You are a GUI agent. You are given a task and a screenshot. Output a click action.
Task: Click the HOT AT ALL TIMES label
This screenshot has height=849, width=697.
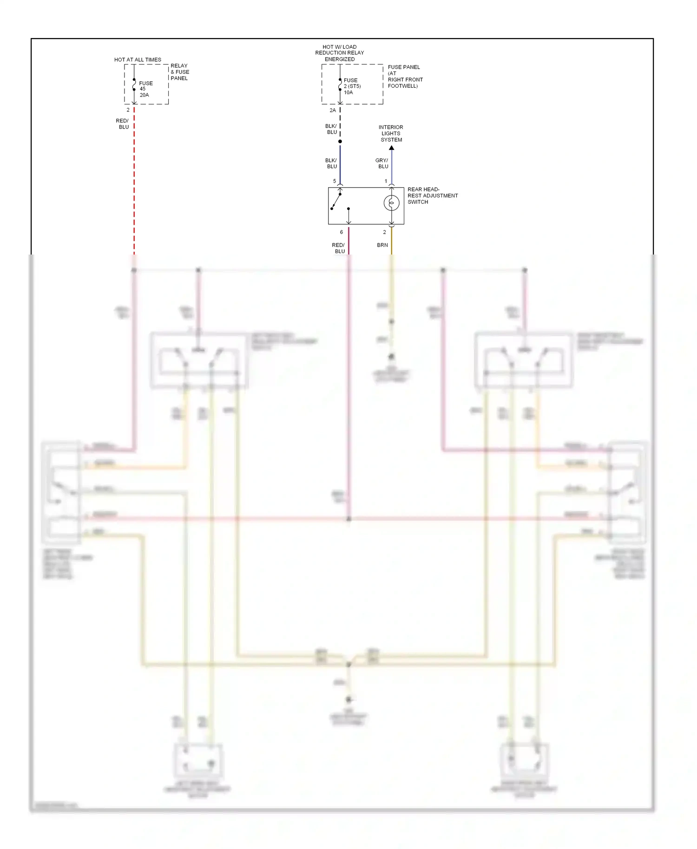tap(138, 60)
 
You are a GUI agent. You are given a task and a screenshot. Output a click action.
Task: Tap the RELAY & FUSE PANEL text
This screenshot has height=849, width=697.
tap(180, 72)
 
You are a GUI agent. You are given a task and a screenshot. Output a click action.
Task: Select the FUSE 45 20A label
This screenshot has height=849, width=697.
tap(145, 89)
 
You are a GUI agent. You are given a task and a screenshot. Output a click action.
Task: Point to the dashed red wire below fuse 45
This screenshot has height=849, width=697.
tap(134, 186)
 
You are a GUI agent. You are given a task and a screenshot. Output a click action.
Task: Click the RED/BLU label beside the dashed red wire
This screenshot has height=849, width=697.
tap(123, 124)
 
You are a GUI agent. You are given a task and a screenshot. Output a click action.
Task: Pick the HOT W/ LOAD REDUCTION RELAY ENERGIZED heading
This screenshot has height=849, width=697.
tap(340, 53)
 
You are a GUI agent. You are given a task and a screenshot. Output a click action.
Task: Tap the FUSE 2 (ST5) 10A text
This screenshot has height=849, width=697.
tap(352, 86)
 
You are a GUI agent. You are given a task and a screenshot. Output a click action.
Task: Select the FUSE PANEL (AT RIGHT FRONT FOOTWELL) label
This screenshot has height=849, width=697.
tap(405, 77)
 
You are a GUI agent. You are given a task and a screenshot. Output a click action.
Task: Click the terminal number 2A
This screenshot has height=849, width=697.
tap(333, 111)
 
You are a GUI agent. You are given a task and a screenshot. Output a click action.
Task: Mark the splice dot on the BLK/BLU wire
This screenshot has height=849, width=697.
tap(340, 141)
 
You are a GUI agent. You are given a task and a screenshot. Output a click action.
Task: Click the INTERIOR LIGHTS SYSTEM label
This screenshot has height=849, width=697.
tap(391, 133)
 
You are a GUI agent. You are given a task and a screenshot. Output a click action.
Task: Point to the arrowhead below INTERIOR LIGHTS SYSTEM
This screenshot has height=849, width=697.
tap(392, 148)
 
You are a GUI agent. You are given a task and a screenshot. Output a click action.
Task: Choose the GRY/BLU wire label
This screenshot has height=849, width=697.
tap(382, 163)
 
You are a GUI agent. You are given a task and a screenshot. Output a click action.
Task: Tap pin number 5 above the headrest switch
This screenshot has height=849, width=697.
tap(335, 181)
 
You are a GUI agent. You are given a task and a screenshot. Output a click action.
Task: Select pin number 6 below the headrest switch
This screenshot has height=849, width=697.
tap(342, 232)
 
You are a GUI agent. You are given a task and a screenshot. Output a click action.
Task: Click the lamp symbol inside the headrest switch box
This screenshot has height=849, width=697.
tap(392, 203)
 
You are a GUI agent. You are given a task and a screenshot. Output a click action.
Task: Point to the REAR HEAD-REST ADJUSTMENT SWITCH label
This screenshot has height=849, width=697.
tap(432, 196)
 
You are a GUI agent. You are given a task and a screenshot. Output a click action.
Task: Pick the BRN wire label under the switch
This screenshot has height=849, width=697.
tap(382, 245)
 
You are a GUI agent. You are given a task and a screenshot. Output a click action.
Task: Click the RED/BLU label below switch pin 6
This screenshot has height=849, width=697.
tap(339, 248)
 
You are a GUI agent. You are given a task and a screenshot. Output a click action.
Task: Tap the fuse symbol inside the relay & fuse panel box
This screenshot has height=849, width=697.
tap(134, 85)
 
